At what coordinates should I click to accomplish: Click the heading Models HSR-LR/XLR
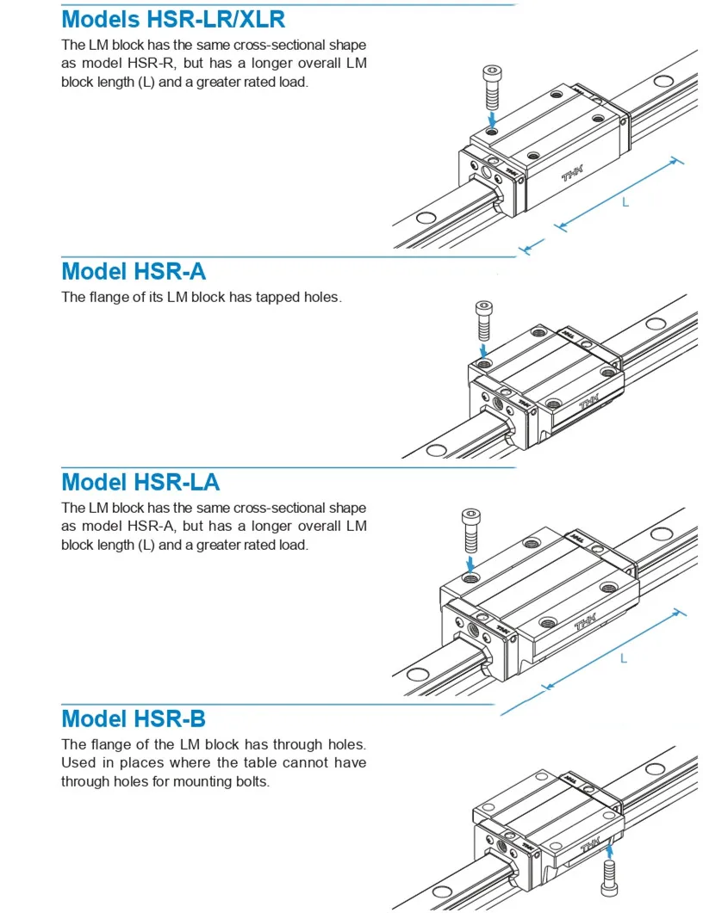coord(173,18)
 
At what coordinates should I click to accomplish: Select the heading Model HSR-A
coord(134,271)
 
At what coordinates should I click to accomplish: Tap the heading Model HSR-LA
coord(140,482)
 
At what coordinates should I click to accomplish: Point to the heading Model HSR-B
coord(134,719)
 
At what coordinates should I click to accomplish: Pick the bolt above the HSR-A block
coord(483,320)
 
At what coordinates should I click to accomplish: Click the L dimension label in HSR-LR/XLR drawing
coord(625,202)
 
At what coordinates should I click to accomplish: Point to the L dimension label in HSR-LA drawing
coord(624,658)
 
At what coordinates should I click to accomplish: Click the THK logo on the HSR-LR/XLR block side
coord(572,175)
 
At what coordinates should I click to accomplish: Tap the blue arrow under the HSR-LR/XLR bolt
coord(491,116)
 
